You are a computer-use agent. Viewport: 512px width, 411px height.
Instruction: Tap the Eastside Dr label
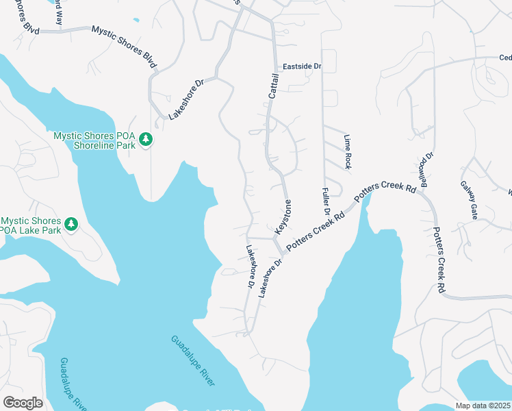pyautogui.click(x=302, y=66)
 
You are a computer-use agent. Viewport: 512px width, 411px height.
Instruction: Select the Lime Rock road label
pyautogui.click(x=348, y=151)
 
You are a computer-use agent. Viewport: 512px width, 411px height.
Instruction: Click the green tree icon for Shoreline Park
pyautogui.click(x=145, y=140)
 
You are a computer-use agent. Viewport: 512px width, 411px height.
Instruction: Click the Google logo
pyautogui.click(x=23, y=403)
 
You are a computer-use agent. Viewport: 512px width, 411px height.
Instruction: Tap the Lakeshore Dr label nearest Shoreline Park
pyautogui.click(x=186, y=100)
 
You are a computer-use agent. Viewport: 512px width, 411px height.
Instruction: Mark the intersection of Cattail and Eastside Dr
pyautogui.click(x=274, y=67)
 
